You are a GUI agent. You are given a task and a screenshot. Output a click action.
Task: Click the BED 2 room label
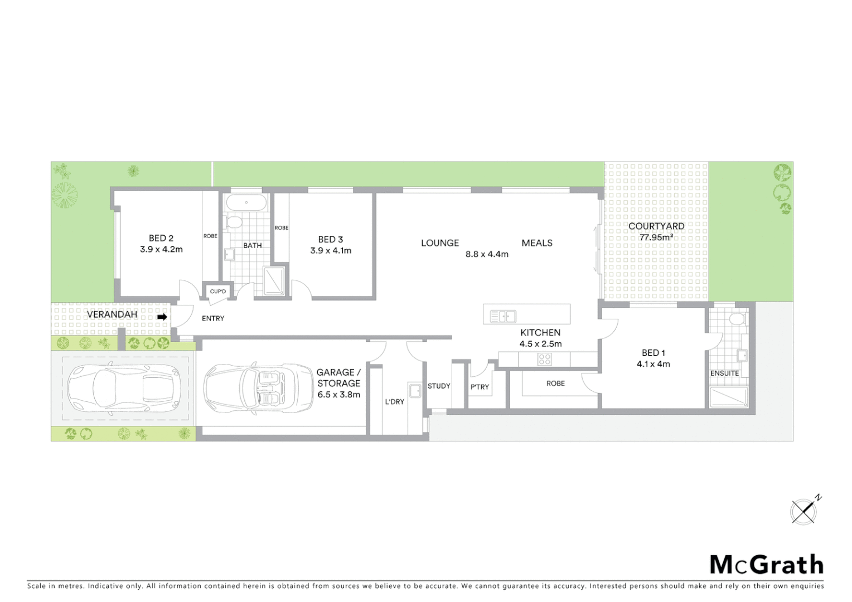161,238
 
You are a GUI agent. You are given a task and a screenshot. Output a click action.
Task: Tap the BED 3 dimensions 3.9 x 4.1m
331,251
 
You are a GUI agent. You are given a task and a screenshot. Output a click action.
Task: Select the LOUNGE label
440,243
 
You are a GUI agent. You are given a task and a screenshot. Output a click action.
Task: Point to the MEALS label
537,243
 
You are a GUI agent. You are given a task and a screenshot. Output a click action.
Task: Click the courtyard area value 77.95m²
656,237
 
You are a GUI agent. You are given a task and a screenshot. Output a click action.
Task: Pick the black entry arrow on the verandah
162,317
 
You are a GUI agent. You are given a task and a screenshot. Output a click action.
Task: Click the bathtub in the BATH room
246,202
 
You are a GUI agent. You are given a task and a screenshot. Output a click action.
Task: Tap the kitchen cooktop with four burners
544,360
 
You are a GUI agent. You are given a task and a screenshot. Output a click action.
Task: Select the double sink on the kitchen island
503,317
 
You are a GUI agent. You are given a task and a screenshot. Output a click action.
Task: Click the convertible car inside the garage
258,388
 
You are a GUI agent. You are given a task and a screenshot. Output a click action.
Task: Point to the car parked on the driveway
124,389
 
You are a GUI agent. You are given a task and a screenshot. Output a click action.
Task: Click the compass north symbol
805,511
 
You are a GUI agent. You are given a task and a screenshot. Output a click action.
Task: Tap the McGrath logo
766,565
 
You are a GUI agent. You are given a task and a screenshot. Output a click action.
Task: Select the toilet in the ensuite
737,319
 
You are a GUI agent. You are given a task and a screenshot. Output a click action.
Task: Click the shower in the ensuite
728,397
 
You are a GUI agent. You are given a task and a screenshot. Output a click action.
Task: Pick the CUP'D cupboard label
218,292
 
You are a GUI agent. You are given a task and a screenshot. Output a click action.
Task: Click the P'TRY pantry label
480,387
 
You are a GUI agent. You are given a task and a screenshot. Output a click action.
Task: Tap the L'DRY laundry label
394,402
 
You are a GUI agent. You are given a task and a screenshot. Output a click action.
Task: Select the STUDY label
439,386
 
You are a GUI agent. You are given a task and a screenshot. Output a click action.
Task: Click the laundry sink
415,390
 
